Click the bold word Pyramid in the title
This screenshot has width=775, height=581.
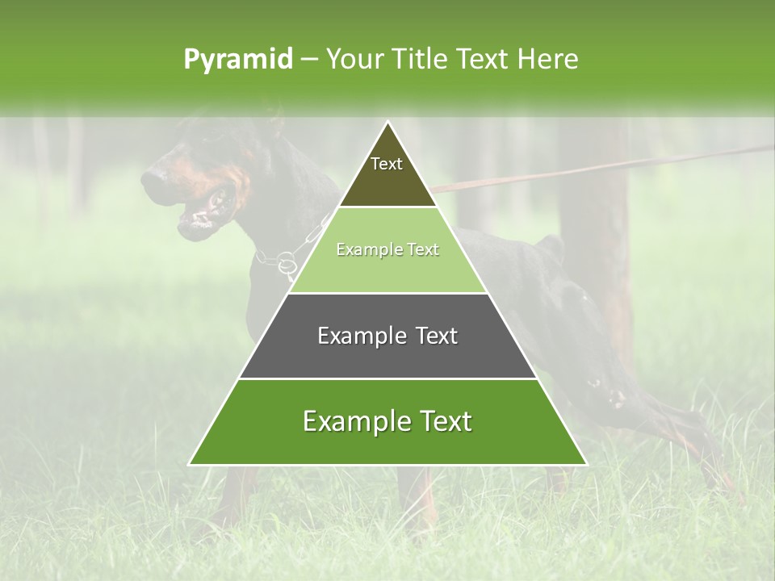pyautogui.click(x=238, y=60)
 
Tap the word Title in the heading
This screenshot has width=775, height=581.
pyautogui.click(x=421, y=60)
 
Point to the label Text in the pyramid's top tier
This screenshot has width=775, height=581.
pyautogui.click(x=387, y=164)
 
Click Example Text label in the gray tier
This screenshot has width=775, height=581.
pyautogui.click(x=387, y=336)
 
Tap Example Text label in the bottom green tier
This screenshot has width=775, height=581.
pyautogui.click(x=387, y=421)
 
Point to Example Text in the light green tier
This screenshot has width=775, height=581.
pyautogui.click(x=387, y=250)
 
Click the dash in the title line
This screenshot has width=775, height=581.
pyautogui.click(x=309, y=60)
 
